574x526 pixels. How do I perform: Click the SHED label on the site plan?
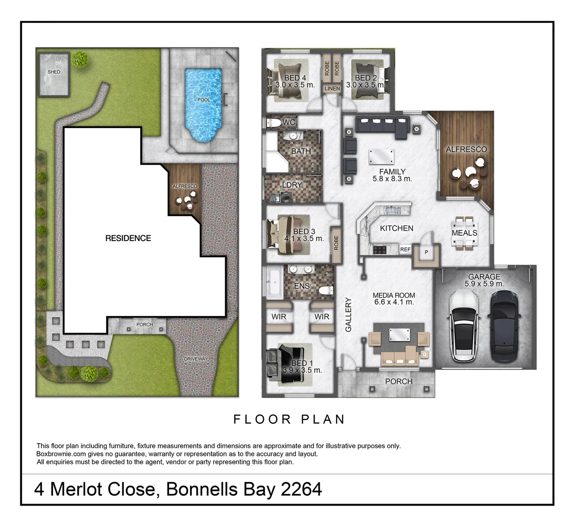tap(54, 72)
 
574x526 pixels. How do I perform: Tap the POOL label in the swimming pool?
tap(204, 100)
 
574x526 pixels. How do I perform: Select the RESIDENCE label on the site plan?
tap(128, 238)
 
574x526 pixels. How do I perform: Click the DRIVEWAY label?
tap(196, 359)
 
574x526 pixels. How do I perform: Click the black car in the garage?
tap(504, 324)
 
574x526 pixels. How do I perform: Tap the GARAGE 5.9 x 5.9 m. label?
tap(484, 280)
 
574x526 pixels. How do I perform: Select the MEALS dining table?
tap(464, 233)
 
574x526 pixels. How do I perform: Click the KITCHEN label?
tap(397, 228)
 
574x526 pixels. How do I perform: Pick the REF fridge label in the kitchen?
tap(405, 249)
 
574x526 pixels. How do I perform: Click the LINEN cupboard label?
tap(332, 89)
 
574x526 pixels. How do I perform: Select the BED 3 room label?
tap(304, 232)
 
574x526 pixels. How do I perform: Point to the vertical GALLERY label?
tap(348, 315)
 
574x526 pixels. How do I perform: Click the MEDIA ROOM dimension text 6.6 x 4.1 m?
tap(394, 302)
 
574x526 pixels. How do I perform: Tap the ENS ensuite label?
tap(302, 286)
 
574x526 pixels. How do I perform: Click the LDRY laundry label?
tap(292, 185)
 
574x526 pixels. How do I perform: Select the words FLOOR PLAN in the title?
tap(289, 419)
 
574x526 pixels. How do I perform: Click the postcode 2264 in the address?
tap(301, 489)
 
